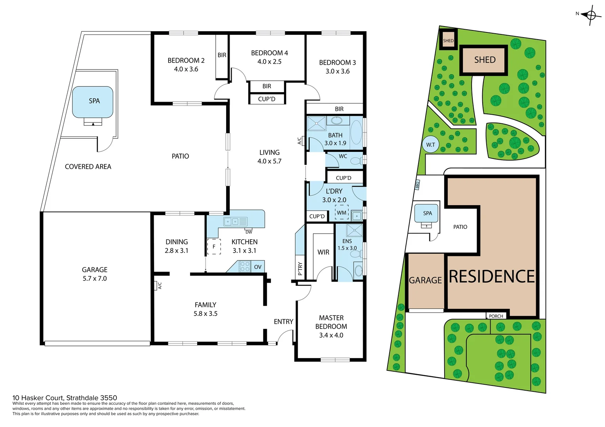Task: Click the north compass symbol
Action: click(590, 15)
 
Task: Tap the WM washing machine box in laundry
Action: click(342, 213)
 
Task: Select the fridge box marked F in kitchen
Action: click(214, 247)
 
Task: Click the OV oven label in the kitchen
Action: click(258, 267)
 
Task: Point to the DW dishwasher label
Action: click(249, 232)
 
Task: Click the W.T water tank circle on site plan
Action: click(430, 145)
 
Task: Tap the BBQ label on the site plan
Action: click(417, 185)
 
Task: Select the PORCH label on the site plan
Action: click(496, 316)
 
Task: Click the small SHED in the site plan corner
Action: click(448, 40)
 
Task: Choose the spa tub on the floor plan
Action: click(93, 102)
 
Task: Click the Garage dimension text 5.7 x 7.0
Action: click(95, 279)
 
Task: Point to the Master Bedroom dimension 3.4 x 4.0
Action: click(331, 335)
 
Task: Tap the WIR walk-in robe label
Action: click(323, 252)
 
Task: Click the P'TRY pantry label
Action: click(300, 268)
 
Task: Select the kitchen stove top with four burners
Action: click(245, 266)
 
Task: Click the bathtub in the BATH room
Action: click(356, 132)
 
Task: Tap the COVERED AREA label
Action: click(88, 167)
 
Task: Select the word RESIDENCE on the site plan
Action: click(492, 277)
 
